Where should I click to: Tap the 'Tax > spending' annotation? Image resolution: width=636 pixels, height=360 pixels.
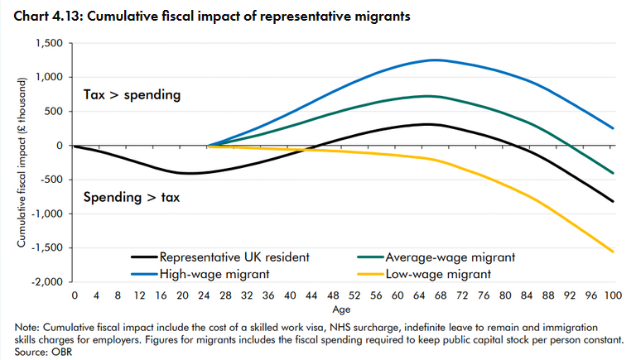(132, 95)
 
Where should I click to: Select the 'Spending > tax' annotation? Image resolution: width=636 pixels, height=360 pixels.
(132, 199)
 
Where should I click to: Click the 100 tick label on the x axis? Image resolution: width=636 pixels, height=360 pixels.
(613, 295)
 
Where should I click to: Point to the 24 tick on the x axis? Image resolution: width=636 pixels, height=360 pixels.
(204, 295)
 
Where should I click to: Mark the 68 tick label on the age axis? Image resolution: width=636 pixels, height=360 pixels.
(440, 295)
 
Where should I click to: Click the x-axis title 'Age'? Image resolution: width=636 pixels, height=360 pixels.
(343, 309)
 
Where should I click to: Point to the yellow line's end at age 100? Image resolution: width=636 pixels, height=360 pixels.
(613, 252)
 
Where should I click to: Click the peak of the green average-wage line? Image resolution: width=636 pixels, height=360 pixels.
(424, 96)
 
